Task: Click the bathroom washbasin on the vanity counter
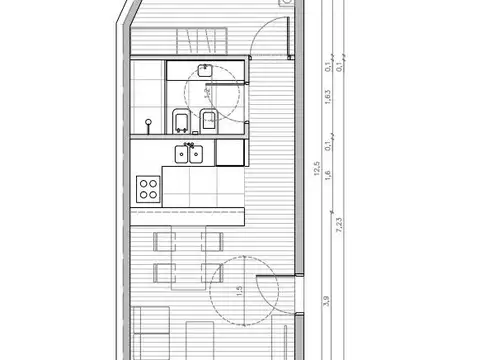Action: pos(205,70)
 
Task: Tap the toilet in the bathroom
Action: pos(181,121)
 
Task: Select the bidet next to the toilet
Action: pos(209,121)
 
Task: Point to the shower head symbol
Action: pos(149,124)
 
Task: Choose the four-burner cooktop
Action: pos(149,187)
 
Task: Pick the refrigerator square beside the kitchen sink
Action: pos(230,153)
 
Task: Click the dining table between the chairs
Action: pos(186,256)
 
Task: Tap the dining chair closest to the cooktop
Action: pos(162,240)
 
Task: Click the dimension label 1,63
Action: pos(326,98)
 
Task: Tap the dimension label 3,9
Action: pos(326,300)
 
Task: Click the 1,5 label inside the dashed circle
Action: pos(238,293)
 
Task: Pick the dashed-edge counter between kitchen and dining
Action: pos(188,213)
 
